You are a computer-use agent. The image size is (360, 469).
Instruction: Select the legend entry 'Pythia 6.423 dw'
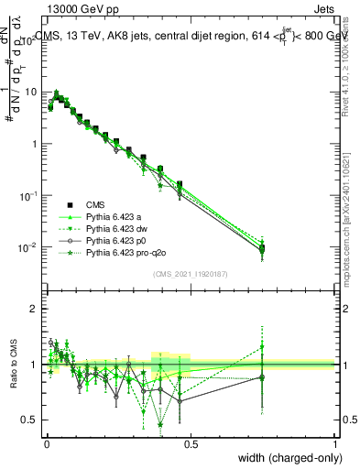[x=120, y=230]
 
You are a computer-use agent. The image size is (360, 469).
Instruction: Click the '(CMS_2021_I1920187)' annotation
[x=191, y=274]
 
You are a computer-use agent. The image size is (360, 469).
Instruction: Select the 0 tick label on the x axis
[x=46, y=443]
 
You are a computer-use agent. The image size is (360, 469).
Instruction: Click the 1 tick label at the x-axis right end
[x=334, y=443]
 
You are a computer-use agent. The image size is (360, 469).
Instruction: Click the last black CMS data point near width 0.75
[x=262, y=248]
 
